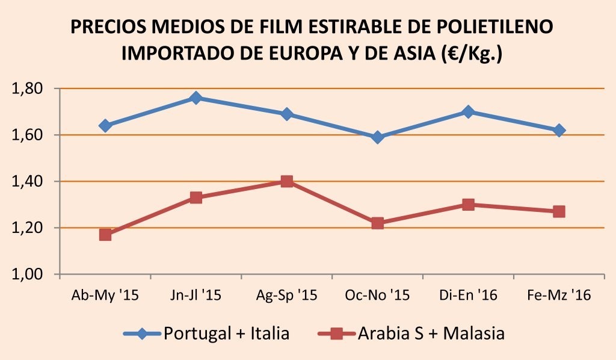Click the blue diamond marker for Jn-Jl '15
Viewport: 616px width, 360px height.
pos(196,98)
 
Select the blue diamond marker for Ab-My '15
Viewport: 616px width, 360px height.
pos(105,126)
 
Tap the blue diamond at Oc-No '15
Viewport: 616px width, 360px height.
pos(378,137)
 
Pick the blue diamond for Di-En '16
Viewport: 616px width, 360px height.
pos(469,112)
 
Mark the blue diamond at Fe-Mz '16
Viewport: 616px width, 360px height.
pos(559,130)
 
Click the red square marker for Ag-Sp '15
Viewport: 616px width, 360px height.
pos(287,181)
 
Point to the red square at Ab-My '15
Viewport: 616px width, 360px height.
pos(105,235)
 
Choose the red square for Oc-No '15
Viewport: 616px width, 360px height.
pos(378,223)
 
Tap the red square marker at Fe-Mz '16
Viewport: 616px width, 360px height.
pos(559,211)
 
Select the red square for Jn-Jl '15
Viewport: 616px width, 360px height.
pos(196,197)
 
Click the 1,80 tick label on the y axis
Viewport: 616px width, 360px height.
pos(28,89)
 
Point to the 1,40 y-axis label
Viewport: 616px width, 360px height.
pos(28,182)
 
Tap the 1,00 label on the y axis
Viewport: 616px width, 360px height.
pos(28,275)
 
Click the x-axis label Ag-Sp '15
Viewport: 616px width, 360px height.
pos(287,296)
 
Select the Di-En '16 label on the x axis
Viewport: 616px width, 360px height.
pos(469,296)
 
